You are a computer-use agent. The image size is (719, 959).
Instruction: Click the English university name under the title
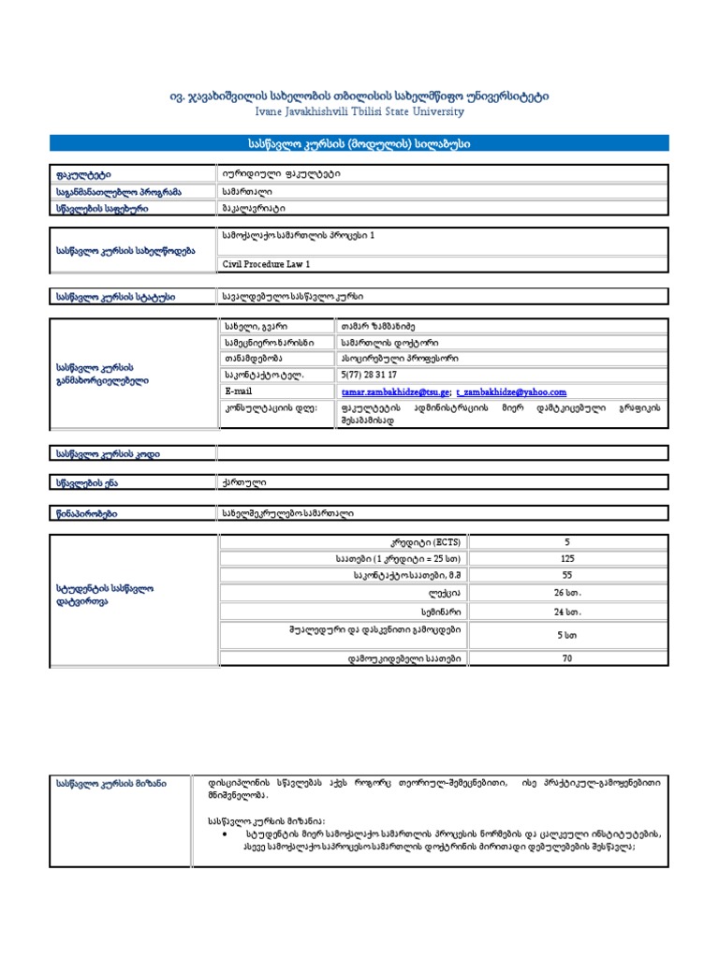click(x=359, y=111)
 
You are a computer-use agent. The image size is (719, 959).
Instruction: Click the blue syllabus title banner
click(x=359, y=143)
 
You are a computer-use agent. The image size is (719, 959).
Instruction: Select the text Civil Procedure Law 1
click(x=266, y=265)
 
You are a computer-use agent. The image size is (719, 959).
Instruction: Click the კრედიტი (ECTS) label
click(x=426, y=542)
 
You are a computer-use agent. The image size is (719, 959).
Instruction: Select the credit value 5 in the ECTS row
click(x=566, y=542)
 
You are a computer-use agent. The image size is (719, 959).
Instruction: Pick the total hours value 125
click(x=566, y=559)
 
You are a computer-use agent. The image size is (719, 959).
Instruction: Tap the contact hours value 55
click(x=566, y=576)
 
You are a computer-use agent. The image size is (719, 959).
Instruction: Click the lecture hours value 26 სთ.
click(x=566, y=594)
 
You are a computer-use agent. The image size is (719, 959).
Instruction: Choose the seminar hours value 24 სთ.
click(x=566, y=612)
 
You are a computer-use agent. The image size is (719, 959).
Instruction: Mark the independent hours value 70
click(x=566, y=658)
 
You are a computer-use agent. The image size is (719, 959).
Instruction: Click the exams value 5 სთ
click(x=566, y=635)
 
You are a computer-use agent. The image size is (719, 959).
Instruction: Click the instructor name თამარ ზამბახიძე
click(x=378, y=325)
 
